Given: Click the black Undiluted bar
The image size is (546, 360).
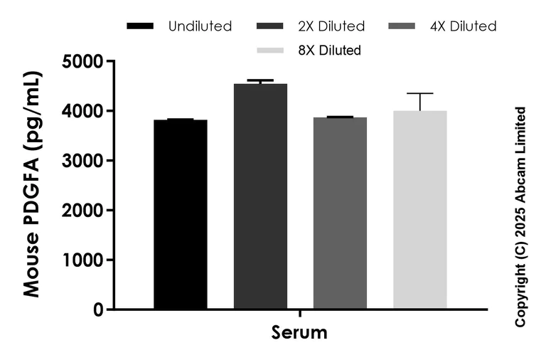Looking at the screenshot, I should (x=181, y=213).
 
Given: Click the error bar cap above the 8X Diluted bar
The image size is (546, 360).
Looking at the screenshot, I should (x=420, y=93).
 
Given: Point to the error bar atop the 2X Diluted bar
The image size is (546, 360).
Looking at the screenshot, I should (x=260, y=81).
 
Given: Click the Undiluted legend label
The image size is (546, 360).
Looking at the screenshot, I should (x=200, y=26).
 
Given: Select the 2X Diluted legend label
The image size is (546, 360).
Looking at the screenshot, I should (x=332, y=26).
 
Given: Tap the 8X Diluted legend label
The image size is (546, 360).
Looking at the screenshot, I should (x=329, y=51).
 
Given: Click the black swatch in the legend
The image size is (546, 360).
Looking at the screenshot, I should (x=140, y=26).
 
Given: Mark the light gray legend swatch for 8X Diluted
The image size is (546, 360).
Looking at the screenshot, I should (x=271, y=51).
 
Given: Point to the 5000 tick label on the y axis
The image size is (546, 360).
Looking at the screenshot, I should (x=83, y=62).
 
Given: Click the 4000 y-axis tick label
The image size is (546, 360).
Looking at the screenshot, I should (x=83, y=112).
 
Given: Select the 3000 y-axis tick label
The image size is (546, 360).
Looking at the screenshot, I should (x=83, y=161).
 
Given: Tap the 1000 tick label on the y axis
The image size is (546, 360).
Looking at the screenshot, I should (x=83, y=260).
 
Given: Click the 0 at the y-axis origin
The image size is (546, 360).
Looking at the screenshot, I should (x=98, y=310).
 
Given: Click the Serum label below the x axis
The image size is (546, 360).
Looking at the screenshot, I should (x=299, y=332).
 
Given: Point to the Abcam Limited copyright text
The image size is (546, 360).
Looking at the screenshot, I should (x=520, y=217).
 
